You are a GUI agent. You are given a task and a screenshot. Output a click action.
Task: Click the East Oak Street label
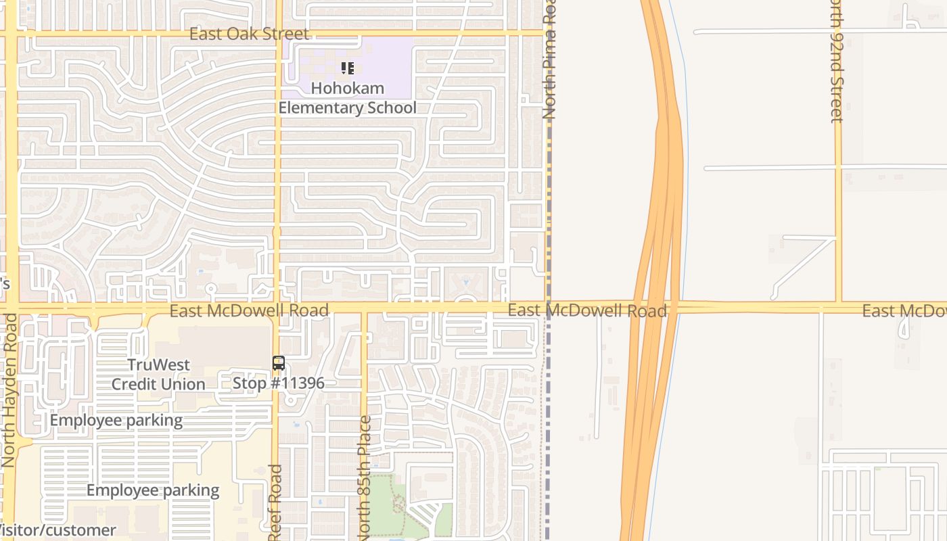[249, 34]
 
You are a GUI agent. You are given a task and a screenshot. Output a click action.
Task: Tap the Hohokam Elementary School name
[348, 98]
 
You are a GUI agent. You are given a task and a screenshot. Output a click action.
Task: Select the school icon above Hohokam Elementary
[348, 68]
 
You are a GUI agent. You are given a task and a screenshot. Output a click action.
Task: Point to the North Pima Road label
[549, 61]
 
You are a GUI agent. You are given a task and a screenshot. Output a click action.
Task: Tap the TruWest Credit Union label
[158, 375]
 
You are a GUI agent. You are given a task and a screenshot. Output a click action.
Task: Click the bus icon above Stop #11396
[278, 363]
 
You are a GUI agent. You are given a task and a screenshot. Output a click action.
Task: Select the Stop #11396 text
[279, 383]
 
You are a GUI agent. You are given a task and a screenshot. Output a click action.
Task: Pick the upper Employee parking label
[116, 421]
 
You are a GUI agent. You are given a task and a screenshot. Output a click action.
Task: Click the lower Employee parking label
[153, 491]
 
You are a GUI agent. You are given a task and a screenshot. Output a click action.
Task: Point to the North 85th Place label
[365, 477]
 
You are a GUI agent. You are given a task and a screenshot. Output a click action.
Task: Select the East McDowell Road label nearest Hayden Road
[249, 310]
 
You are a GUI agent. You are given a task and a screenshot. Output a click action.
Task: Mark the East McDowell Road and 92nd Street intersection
[838, 306]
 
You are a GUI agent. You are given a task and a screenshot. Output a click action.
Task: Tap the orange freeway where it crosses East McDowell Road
[655, 308]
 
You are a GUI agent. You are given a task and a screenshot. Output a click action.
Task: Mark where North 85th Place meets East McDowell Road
[364, 310]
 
